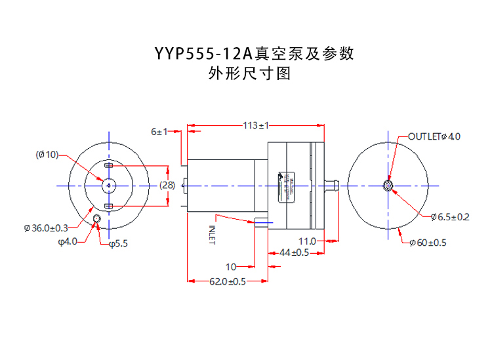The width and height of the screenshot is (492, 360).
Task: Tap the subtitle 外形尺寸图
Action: [249, 74]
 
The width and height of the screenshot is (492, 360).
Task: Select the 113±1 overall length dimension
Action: [256, 125]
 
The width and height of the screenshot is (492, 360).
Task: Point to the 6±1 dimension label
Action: [159, 132]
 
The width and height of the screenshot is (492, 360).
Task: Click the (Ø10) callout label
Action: [47, 155]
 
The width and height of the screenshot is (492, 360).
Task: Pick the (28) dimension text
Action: [167, 186]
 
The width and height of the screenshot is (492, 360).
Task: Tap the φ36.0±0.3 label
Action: [46, 228]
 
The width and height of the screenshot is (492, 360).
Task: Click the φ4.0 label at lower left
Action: [68, 241]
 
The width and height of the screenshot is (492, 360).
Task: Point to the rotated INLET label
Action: [212, 235]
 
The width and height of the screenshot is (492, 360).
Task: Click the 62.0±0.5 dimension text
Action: [228, 282]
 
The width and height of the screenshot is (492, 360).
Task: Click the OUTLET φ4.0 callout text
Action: [434, 136]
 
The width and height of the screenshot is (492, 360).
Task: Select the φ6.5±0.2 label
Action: [449, 217]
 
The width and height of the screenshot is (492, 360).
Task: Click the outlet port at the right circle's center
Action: [388, 186]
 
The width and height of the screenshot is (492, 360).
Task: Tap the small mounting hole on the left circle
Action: [96, 218]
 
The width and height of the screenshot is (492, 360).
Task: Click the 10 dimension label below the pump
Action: [230, 267]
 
